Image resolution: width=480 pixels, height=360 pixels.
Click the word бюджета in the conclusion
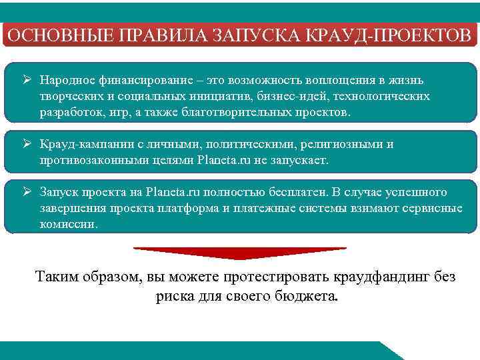click(306, 296)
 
